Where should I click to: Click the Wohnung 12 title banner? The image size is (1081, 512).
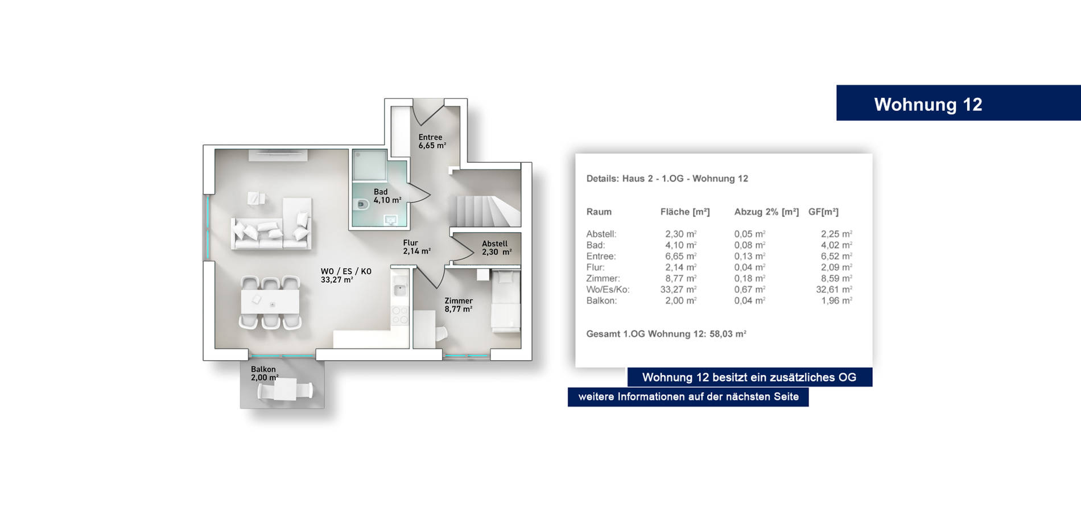[x=958, y=103]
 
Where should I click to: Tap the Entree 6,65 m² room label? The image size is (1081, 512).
[x=432, y=141]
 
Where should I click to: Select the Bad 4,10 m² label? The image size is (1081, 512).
[x=387, y=196]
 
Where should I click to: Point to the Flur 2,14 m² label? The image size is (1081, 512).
[x=416, y=247]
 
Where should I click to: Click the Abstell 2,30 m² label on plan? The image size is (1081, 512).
[x=496, y=247]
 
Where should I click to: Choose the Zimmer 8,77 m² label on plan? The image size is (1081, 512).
[x=459, y=305]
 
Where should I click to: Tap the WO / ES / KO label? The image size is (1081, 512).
[x=346, y=271]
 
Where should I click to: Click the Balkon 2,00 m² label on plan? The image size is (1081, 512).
[x=265, y=373]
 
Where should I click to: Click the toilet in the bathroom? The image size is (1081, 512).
[x=361, y=204]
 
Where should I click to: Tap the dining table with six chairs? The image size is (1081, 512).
[x=270, y=302]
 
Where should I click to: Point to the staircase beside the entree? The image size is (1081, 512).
[x=486, y=211]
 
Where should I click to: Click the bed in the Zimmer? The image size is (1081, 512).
[x=506, y=302]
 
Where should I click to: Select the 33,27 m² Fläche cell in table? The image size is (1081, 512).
[x=678, y=290]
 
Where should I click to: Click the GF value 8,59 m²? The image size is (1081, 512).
[x=836, y=279]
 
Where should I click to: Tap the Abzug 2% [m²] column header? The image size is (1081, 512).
[x=766, y=212]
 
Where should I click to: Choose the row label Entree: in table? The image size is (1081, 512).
[x=601, y=257]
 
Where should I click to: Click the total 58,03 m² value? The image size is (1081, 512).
[x=728, y=334]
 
